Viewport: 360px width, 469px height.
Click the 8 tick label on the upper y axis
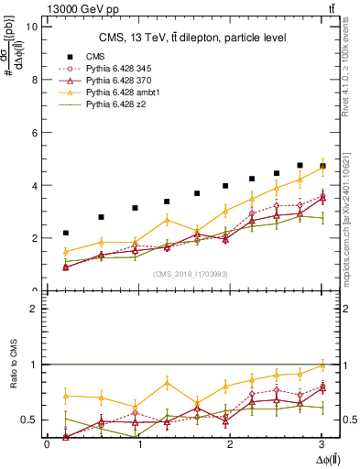click(34, 80)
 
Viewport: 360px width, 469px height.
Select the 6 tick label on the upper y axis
click(34, 132)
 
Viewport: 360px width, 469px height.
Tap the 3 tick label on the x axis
click(323, 444)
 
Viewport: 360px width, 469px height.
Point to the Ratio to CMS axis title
click(12, 379)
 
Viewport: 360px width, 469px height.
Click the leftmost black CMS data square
click(65, 233)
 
